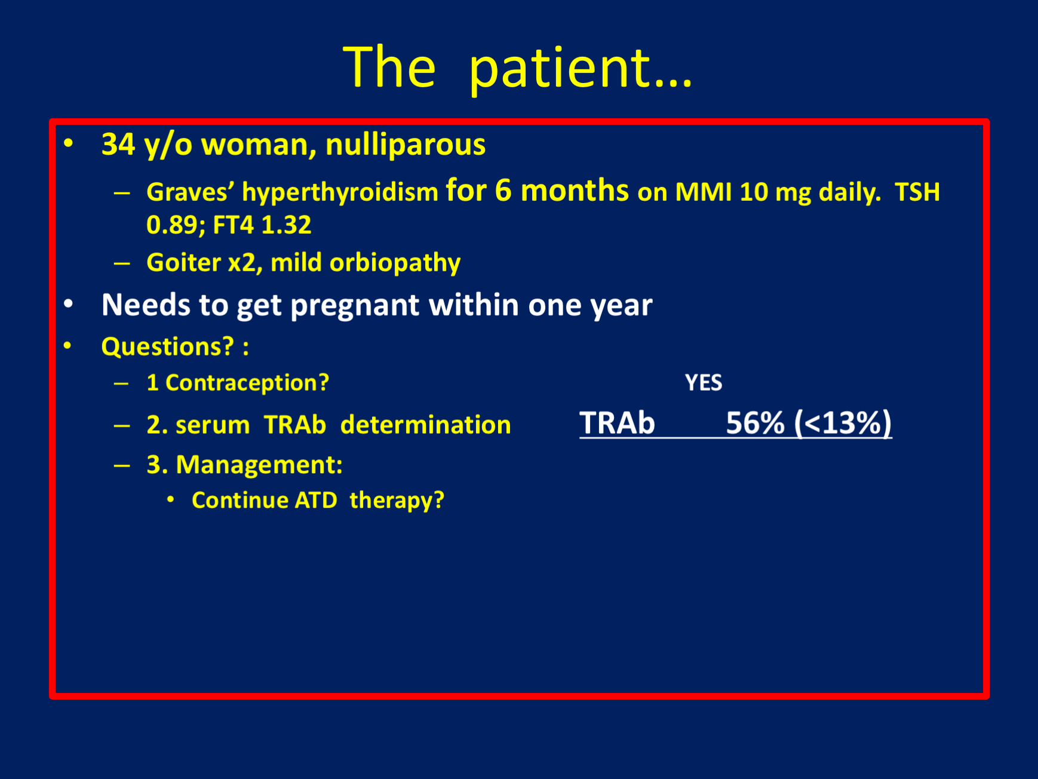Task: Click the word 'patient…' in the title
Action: tap(581, 69)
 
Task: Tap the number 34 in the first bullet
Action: tap(118, 145)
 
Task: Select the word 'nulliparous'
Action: tap(406, 145)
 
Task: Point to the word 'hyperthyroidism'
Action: tap(340, 193)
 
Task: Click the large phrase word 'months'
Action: tap(575, 191)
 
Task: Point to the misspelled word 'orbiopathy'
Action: tap(395, 263)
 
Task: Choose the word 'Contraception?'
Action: tap(247, 383)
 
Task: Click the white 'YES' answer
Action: tap(704, 383)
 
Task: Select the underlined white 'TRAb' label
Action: tap(618, 423)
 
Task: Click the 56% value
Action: tap(755, 423)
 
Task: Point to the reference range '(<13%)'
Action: tap(843, 424)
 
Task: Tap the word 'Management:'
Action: tap(259, 465)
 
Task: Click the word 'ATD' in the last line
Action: tap(316, 501)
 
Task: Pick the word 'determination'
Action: tap(426, 425)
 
